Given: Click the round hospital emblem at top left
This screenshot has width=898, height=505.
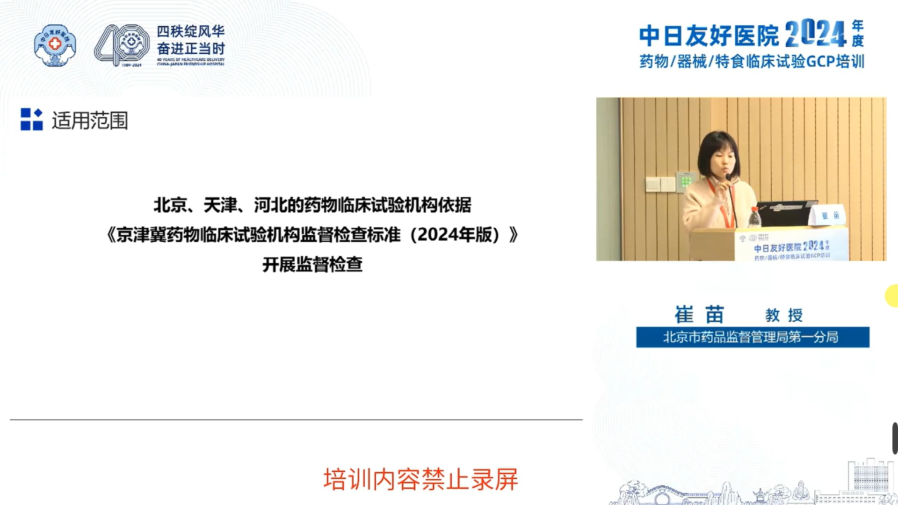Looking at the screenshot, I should pos(55,45).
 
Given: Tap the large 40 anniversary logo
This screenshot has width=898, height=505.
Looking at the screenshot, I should pos(122,45).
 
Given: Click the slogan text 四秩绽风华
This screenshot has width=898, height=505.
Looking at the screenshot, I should pos(190,31).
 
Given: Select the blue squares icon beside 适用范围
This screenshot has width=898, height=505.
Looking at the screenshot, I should pos(31,119).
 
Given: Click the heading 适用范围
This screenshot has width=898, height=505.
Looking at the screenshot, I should pos(90,121).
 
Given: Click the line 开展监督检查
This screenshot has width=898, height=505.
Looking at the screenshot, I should pos(312,265).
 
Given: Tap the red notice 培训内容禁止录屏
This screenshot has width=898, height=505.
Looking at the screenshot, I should pos(420,479).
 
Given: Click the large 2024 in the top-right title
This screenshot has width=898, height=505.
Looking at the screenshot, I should pos(816,34).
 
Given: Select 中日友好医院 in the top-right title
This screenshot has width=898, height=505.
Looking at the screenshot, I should pos(709,36).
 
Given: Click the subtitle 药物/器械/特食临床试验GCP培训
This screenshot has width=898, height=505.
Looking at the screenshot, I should pos(752,61).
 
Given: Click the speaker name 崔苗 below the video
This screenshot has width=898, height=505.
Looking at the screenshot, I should pos(699,315).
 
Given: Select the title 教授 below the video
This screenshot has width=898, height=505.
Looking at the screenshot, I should pos(784,315).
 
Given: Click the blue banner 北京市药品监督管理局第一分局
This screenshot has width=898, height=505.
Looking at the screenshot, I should pos(752,337).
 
